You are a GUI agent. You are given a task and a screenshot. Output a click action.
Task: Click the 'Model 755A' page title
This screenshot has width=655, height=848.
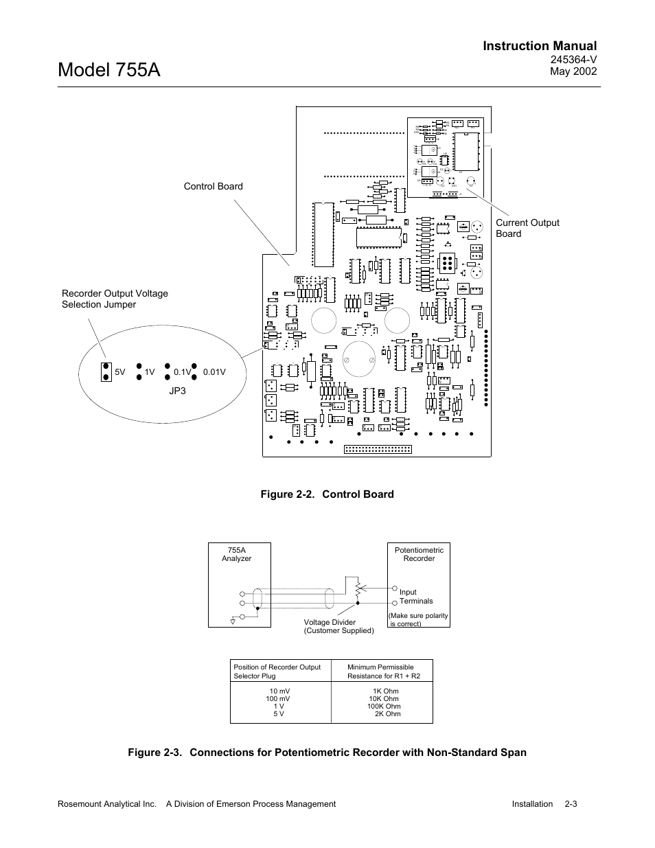click(110, 69)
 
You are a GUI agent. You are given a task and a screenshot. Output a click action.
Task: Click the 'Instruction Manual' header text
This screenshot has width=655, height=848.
click(539, 46)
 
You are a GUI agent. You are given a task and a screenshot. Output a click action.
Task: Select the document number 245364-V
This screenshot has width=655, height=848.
click(574, 60)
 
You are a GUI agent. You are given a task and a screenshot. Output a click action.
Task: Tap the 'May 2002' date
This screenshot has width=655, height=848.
click(574, 71)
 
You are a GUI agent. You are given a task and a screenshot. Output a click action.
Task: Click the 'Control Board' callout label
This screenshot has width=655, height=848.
click(213, 186)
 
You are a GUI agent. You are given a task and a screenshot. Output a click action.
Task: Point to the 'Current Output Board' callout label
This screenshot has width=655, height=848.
click(527, 228)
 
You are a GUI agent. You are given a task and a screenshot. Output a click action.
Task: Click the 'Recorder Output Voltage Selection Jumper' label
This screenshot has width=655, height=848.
click(115, 299)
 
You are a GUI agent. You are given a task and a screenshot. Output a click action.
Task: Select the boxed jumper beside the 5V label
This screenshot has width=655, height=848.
click(106, 371)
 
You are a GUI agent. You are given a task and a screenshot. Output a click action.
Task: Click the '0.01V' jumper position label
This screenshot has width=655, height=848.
click(214, 372)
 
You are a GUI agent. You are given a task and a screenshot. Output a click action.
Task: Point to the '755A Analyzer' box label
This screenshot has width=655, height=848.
click(236, 554)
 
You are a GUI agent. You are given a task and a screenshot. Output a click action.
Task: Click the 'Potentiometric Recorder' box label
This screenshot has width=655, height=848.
click(419, 554)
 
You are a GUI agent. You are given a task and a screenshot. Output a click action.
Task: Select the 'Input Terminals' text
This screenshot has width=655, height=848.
click(416, 596)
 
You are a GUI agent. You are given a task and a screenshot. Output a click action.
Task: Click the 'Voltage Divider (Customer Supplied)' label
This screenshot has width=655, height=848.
click(338, 626)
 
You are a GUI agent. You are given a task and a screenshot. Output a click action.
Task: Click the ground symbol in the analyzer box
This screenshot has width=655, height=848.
click(233, 619)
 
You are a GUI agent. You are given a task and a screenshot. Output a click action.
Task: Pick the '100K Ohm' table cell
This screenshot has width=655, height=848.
click(384, 706)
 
